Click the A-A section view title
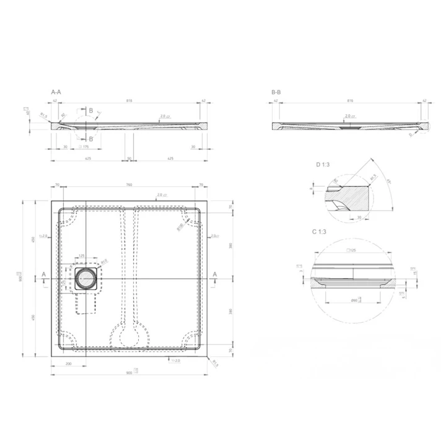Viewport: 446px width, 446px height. [56, 92]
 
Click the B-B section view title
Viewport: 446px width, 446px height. [276, 92]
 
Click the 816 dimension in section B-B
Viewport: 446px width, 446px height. [350, 100]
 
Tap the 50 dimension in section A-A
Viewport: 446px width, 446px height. [129, 159]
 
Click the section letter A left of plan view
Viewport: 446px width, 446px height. [43, 273]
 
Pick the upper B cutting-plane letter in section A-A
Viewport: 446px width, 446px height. [90, 110]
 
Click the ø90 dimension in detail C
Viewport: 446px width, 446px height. [354, 299]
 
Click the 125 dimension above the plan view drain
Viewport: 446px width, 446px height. [82, 256]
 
